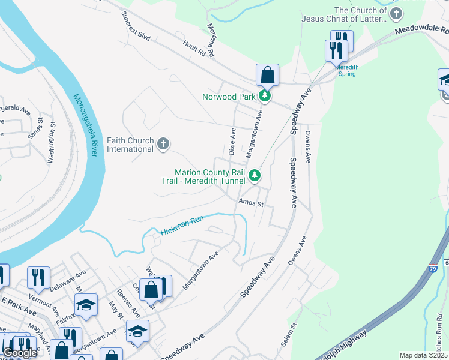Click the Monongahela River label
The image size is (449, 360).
pyautogui.click(x=86, y=126)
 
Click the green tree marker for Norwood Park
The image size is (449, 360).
pyautogui.click(x=264, y=95)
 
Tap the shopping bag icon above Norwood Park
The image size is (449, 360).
pyautogui.click(x=267, y=76)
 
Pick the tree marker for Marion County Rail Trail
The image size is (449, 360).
pyautogui.click(x=255, y=175)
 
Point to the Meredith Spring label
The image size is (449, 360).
pyautogui.click(x=346, y=71)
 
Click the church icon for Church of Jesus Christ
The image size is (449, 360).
pyautogui.click(x=396, y=14)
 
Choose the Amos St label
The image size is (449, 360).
pyautogui.click(x=250, y=203)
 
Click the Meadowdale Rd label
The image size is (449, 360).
pyautogui.click(x=421, y=30)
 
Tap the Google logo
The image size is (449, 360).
pyautogui.click(x=20, y=353)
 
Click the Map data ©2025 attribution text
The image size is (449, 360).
pyautogui.click(x=423, y=355)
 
